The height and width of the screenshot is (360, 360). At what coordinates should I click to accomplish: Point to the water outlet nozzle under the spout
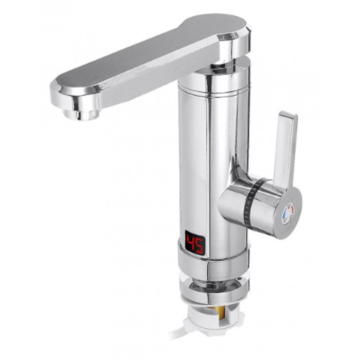tap(81, 114)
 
